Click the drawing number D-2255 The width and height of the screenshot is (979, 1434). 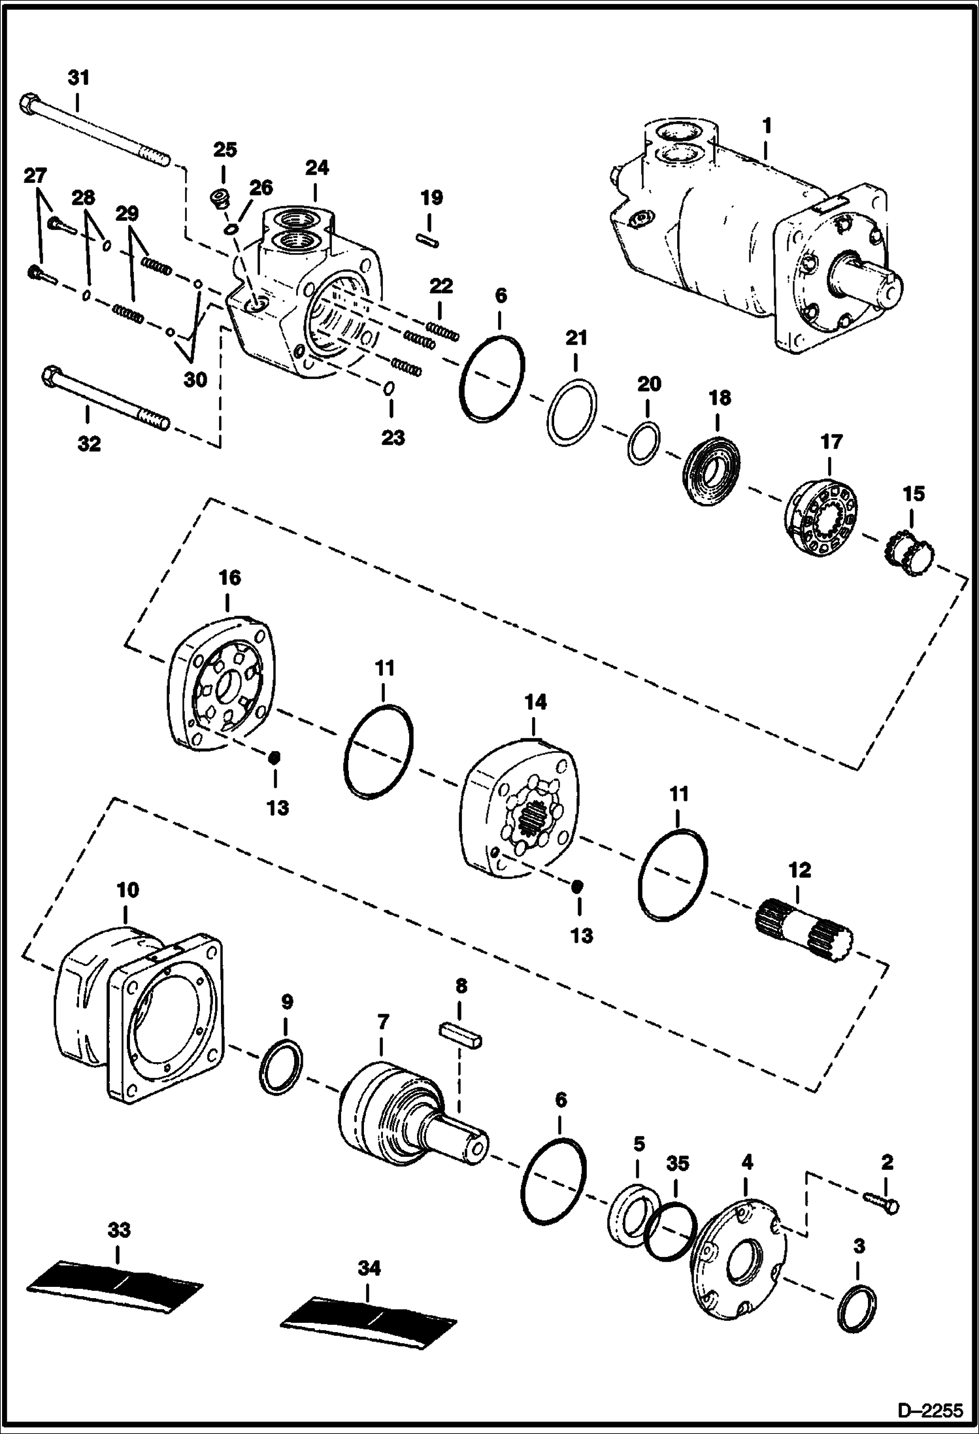(934, 1411)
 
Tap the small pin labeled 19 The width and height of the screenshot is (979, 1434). (427, 240)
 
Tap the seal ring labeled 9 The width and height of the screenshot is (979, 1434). (282, 1067)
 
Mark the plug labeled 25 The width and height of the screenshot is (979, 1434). (221, 197)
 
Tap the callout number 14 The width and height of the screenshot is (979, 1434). (535, 703)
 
